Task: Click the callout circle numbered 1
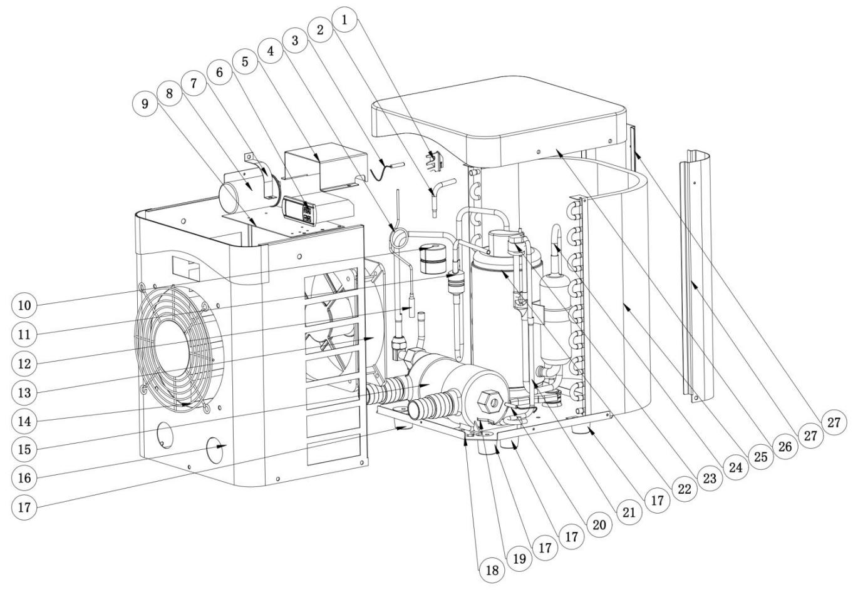coord(343,19)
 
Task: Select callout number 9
coord(145,104)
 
